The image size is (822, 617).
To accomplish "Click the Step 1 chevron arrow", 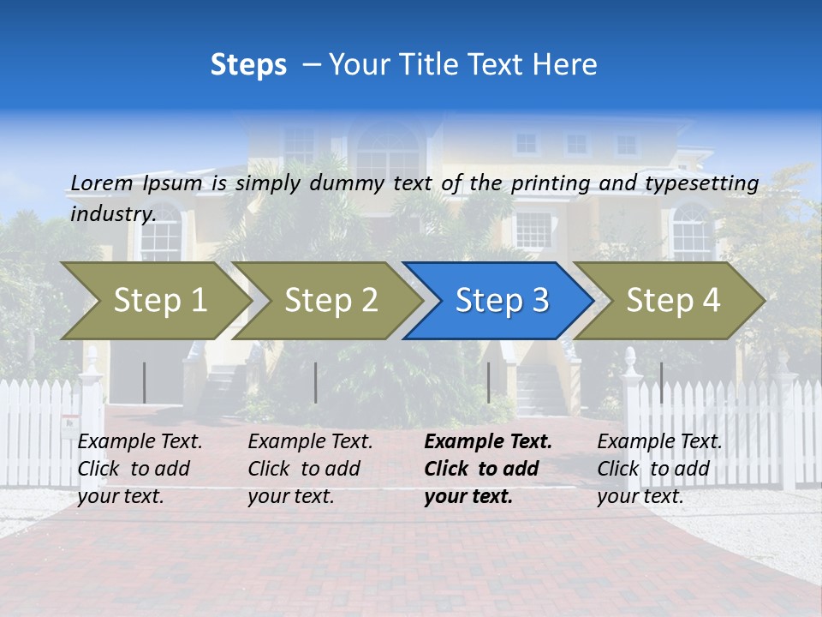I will pos(158,301).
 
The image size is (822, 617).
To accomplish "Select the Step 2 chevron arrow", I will pos(330,301).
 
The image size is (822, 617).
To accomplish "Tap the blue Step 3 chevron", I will pos(501,301).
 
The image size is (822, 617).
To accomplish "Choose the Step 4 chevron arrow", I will pos(672,301).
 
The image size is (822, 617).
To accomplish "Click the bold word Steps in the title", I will pos(248,65).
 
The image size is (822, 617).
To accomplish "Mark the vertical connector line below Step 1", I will pos(144,382).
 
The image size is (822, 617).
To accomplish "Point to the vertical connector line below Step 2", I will pos(316,382).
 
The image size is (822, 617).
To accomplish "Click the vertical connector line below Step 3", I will pos(488,382).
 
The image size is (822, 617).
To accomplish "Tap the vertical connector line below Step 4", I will pos(661,382).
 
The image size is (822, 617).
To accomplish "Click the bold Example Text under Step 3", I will pos(488,442).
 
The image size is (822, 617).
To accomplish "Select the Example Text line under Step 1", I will pos(140,442).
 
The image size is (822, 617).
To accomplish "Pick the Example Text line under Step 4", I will pos(659,442).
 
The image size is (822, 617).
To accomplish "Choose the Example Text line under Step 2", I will pos(310,442).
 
